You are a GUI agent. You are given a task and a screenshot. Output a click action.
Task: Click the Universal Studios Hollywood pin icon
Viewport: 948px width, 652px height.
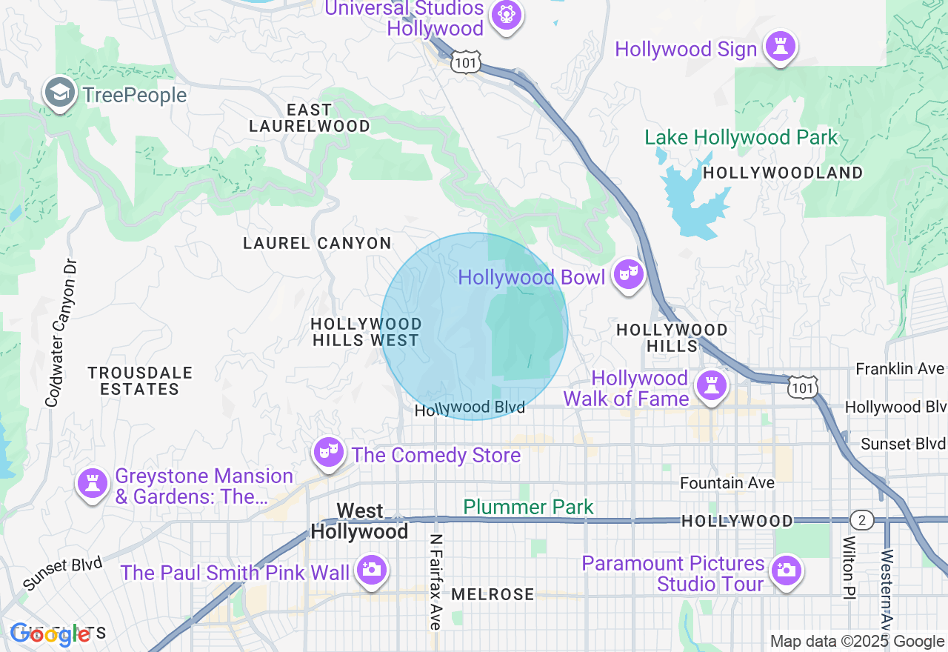(506, 15)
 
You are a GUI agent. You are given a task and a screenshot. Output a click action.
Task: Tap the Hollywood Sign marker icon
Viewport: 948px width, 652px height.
(780, 46)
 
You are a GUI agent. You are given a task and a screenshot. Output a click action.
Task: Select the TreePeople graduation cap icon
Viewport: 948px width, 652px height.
(59, 93)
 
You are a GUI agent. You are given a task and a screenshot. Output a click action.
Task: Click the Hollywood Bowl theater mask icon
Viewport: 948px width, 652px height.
(629, 275)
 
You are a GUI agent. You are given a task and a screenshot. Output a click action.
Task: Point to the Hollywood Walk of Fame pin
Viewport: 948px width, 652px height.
(711, 385)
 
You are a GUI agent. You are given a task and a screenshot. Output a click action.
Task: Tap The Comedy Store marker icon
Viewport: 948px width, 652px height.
(328, 452)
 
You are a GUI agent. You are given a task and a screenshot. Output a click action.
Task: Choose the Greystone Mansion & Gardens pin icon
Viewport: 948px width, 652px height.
(93, 484)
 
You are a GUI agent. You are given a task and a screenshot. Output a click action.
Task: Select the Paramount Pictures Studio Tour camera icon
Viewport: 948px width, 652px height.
(786, 570)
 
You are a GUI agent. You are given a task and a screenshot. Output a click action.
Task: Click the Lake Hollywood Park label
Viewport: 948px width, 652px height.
(741, 138)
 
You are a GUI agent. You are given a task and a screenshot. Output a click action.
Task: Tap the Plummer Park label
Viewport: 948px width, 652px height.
(528, 508)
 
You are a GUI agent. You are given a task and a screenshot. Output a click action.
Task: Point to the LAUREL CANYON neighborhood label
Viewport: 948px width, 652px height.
(317, 243)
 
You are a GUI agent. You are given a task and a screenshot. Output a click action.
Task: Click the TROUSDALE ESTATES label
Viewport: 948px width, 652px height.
(139, 381)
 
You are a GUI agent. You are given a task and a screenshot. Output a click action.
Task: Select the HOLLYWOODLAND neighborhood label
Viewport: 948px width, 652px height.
(783, 173)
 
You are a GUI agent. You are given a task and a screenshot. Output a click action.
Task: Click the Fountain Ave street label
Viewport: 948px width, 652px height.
(727, 483)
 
